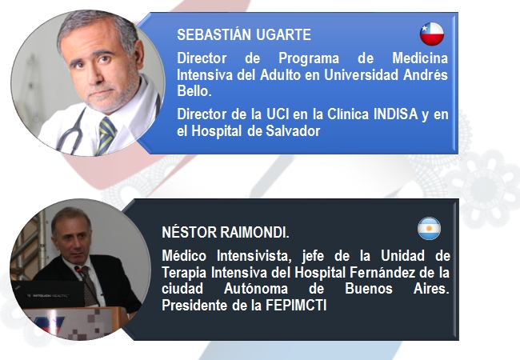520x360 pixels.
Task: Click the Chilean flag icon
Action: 432,34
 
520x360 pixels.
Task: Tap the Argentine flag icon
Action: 429,228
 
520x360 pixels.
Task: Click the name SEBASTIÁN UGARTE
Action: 244,34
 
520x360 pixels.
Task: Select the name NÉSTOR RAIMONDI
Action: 226,232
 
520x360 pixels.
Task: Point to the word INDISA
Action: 396,114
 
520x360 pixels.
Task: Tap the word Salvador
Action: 293,131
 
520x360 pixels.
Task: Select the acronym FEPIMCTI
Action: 296,306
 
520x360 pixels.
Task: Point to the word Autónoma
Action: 256,289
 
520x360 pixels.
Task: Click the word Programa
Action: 309,58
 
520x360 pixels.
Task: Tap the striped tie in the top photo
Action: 106,135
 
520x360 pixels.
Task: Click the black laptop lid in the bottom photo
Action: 49,294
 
